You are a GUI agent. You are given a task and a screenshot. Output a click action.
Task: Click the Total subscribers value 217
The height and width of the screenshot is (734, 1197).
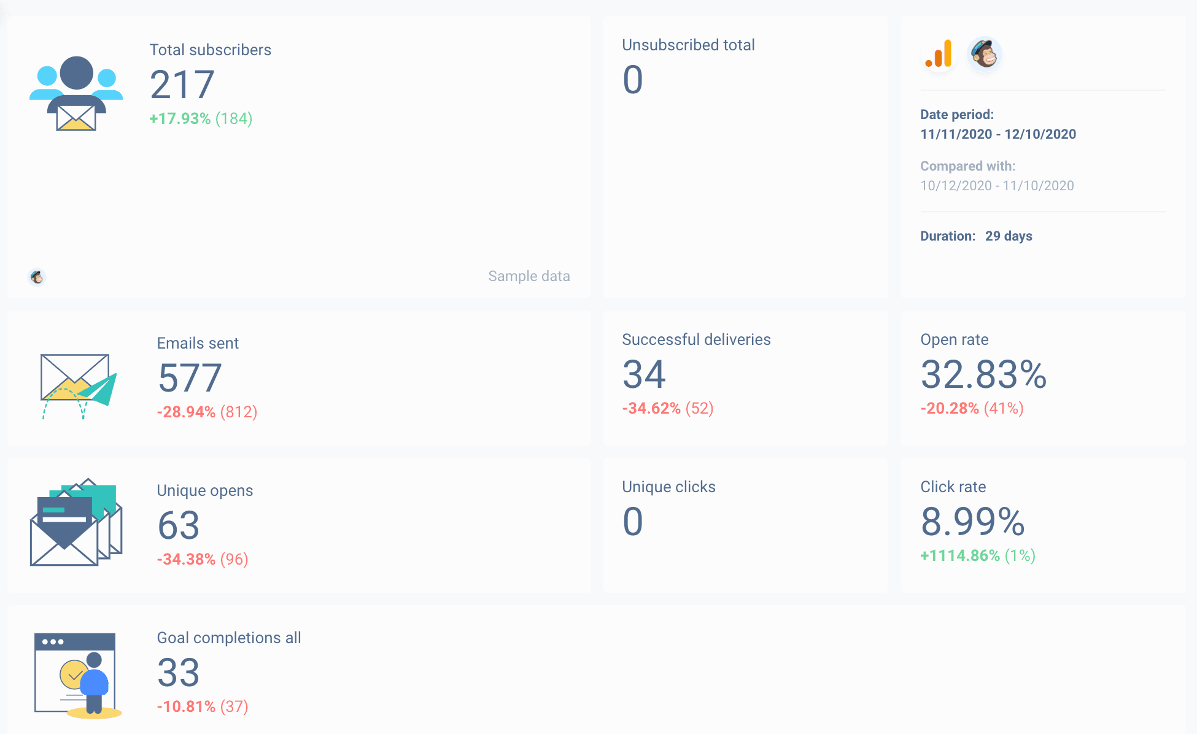coord(182,84)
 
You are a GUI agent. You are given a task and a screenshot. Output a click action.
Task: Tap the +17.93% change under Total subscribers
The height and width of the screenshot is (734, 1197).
coord(180,118)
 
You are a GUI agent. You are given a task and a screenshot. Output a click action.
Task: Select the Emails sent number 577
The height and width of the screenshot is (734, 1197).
coord(190,377)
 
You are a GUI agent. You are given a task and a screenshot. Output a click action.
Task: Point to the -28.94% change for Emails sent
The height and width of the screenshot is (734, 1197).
coord(186,412)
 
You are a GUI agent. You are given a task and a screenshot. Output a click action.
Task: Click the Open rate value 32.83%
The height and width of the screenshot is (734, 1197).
coord(983,374)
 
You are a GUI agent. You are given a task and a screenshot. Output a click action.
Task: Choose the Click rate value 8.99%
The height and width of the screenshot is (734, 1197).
coord(972,522)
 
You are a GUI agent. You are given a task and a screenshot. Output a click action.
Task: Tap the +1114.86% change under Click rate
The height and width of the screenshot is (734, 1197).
coord(960,556)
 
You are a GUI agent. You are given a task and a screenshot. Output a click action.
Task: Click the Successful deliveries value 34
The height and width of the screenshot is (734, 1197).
coord(644,374)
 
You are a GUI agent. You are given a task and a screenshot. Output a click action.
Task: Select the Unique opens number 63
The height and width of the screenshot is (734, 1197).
coord(179,525)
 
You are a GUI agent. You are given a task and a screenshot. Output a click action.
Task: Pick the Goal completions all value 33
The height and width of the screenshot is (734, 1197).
coord(179,673)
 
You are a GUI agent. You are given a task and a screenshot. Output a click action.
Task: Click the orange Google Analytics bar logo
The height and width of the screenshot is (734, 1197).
coord(939,55)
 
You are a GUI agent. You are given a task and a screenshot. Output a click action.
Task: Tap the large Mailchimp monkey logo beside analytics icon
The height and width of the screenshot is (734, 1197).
coord(985,55)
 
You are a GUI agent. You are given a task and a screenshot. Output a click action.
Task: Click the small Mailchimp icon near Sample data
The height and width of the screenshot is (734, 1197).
coord(37,277)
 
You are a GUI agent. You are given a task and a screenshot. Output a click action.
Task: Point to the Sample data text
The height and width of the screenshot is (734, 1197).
coord(529,276)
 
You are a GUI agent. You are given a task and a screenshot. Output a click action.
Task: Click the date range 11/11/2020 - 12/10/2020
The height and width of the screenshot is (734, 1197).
coord(997,134)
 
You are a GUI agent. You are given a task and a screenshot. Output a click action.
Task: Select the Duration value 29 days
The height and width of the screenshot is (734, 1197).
coord(1009,236)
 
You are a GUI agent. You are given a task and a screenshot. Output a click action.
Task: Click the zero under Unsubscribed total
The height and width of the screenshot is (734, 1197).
coord(633,80)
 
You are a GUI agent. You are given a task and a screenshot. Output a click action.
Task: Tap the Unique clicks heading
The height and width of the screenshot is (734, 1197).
coord(668,487)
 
